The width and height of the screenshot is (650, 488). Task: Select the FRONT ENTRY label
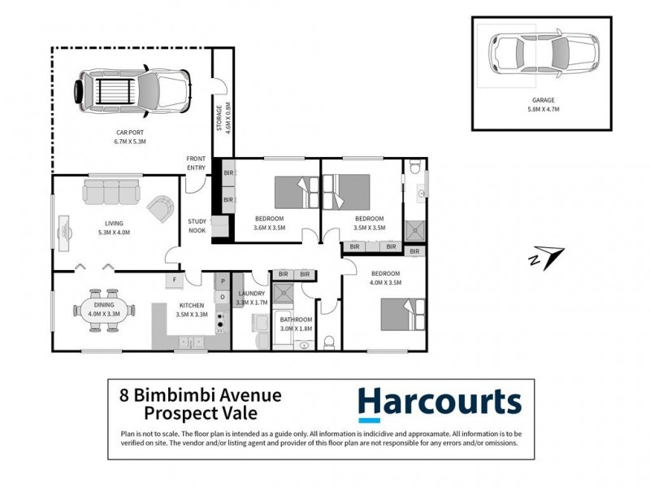tap(197, 162)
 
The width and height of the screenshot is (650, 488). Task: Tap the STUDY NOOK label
tap(197, 225)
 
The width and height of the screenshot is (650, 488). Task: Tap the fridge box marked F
tap(173, 281)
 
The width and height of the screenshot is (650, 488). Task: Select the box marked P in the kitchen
tap(221, 281)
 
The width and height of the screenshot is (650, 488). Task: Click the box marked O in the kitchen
tap(221, 296)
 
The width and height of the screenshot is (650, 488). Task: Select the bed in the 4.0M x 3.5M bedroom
tap(403, 313)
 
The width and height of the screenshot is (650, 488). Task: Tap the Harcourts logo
tap(439, 403)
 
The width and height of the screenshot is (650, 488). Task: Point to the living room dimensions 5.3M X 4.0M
tap(112, 233)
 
